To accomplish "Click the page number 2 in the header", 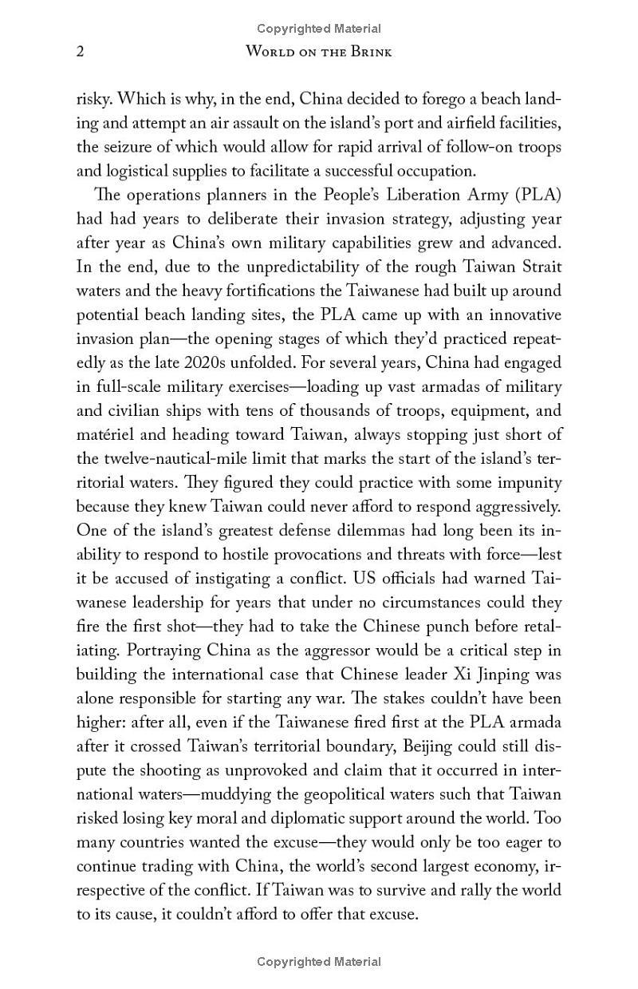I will [x=80, y=53].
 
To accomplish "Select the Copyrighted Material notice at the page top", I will [x=319, y=29].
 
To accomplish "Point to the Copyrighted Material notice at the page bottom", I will [x=319, y=962].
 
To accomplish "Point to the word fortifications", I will [x=238, y=291].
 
